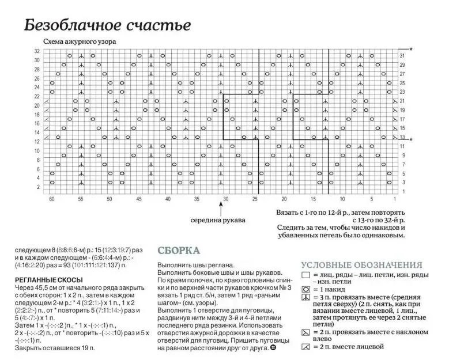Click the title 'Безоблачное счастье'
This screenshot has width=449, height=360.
click(107, 26)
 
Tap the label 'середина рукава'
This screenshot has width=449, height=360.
click(218, 220)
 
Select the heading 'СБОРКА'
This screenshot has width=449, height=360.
click(179, 251)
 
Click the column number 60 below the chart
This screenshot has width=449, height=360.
click(52, 199)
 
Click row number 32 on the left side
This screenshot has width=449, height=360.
click(37, 52)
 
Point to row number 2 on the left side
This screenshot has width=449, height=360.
click(39, 187)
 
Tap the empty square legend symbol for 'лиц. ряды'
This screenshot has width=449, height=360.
click(305, 275)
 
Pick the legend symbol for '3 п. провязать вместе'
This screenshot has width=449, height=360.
click(305, 297)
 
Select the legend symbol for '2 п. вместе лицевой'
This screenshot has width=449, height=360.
click(305, 347)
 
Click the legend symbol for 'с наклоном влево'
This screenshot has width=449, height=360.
click(305, 333)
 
